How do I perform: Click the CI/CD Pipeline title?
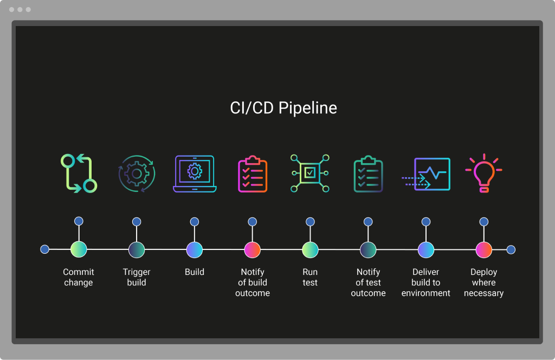tap(283, 108)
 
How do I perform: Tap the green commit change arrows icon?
tap(79, 173)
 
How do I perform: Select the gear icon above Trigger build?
tap(137, 173)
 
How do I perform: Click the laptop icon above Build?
tap(195, 173)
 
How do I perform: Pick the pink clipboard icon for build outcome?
tap(253, 174)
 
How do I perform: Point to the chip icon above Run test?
tap(310, 173)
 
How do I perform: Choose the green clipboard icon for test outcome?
tap(368, 174)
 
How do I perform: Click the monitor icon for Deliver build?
tap(426, 174)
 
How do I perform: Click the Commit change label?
tap(79, 277)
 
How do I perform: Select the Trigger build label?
tap(137, 277)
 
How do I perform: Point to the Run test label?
tap(310, 277)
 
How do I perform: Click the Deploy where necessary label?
tap(483, 282)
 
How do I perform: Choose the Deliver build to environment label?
tap(426, 282)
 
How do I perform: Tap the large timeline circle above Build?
tap(195, 249)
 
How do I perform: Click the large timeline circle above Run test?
tap(310, 249)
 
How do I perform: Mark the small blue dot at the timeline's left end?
tap(45, 249)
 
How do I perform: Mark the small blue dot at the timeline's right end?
tap(511, 249)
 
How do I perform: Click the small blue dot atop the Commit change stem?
tap(79, 221)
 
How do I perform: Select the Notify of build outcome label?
tap(253, 282)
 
